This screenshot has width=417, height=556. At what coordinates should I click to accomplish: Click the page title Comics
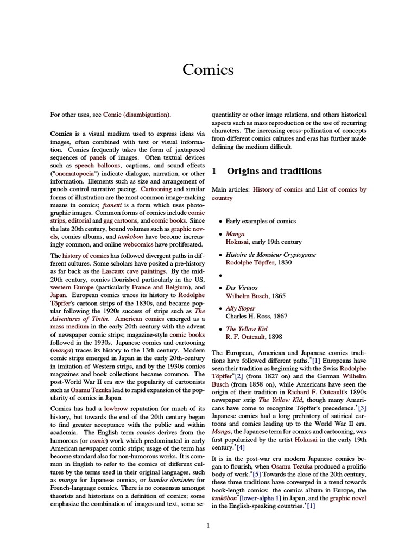(x=208, y=69)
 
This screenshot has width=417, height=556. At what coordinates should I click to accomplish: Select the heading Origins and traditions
(x=274, y=171)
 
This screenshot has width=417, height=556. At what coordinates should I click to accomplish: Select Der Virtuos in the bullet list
(x=242, y=287)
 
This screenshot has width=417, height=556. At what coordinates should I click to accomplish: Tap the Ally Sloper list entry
(x=241, y=308)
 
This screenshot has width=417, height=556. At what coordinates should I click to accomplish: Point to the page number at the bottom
(x=208, y=525)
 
